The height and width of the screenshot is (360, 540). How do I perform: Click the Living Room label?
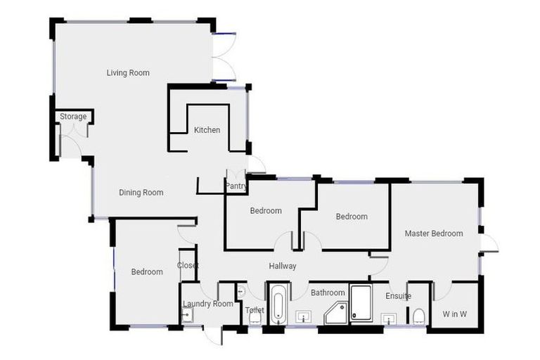(x=128, y=73)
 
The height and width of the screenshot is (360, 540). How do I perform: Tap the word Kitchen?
(x=207, y=130)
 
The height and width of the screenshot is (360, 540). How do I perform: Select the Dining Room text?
(x=141, y=193)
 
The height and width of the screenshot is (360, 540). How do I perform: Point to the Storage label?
(x=73, y=117)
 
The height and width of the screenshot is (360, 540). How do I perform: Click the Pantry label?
(x=235, y=186)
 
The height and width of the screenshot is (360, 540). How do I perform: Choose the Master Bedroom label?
(x=434, y=233)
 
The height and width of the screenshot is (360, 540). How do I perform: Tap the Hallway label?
(x=283, y=266)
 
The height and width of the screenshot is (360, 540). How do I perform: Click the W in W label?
(x=454, y=314)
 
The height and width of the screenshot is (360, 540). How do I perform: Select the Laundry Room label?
(x=207, y=304)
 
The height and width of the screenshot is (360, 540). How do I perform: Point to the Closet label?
(x=188, y=265)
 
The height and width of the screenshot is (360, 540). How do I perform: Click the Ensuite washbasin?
(x=389, y=319)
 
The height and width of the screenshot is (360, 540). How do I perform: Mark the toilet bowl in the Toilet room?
(x=255, y=318)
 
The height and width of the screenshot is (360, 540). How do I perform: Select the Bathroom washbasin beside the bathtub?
(x=303, y=316)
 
